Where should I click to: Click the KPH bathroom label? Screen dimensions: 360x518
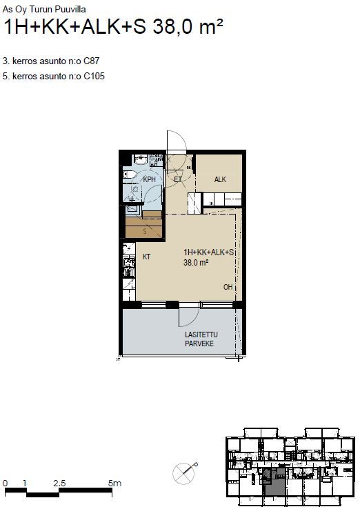149,180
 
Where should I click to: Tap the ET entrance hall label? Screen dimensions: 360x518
178,180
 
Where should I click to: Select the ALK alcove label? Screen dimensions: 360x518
220,179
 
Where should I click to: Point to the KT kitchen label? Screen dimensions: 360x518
147,257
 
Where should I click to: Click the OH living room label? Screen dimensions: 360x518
228,287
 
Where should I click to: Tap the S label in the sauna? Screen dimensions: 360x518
145,232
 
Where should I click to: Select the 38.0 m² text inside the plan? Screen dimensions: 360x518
196,263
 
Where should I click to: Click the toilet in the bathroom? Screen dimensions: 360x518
130,175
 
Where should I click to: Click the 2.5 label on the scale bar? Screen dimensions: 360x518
59,484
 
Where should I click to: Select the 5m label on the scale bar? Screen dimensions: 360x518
114,484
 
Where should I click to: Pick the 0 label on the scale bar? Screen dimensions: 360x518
5,484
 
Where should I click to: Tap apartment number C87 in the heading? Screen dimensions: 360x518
92,61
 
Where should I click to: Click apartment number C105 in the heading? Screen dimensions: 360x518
94,77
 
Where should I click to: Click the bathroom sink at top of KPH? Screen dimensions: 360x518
141,160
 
